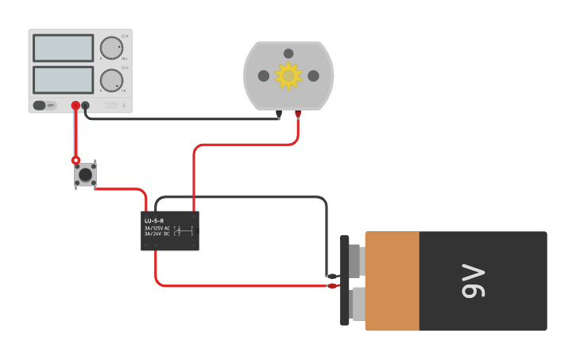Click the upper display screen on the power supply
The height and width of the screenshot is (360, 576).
(63, 48)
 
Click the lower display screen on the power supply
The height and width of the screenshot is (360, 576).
(63, 79)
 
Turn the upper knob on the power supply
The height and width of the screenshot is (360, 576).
(111, 48)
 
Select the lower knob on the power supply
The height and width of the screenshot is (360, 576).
(111, 79)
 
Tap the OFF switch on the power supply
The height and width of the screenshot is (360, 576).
(44, 105)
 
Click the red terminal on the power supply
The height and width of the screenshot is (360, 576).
(75, 105)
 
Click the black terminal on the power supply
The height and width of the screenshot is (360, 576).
(85, 105)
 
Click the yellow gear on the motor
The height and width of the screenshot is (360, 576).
(288, 75)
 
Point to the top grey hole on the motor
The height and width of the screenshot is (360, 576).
(288, 53)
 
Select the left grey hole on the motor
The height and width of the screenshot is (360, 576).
(264, 75)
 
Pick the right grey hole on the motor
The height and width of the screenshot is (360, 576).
(313, 75)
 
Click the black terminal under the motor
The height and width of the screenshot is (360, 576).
(279, 114)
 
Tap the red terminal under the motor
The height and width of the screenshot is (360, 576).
(298, 114)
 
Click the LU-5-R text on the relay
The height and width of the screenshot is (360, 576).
(154, 220)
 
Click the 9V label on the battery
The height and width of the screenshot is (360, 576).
(473, 281)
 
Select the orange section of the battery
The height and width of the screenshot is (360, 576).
(392, 281)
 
